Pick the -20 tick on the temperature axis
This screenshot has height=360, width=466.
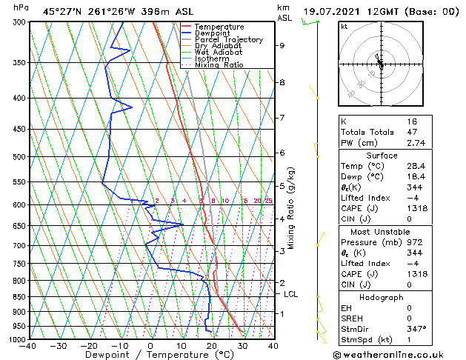point(89,346)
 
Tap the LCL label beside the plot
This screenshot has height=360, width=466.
point(291,294)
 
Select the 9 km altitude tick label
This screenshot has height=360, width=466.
point(282,46)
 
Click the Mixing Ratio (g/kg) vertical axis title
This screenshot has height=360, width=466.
point(292,207)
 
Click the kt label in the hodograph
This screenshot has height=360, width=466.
point(344,26)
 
